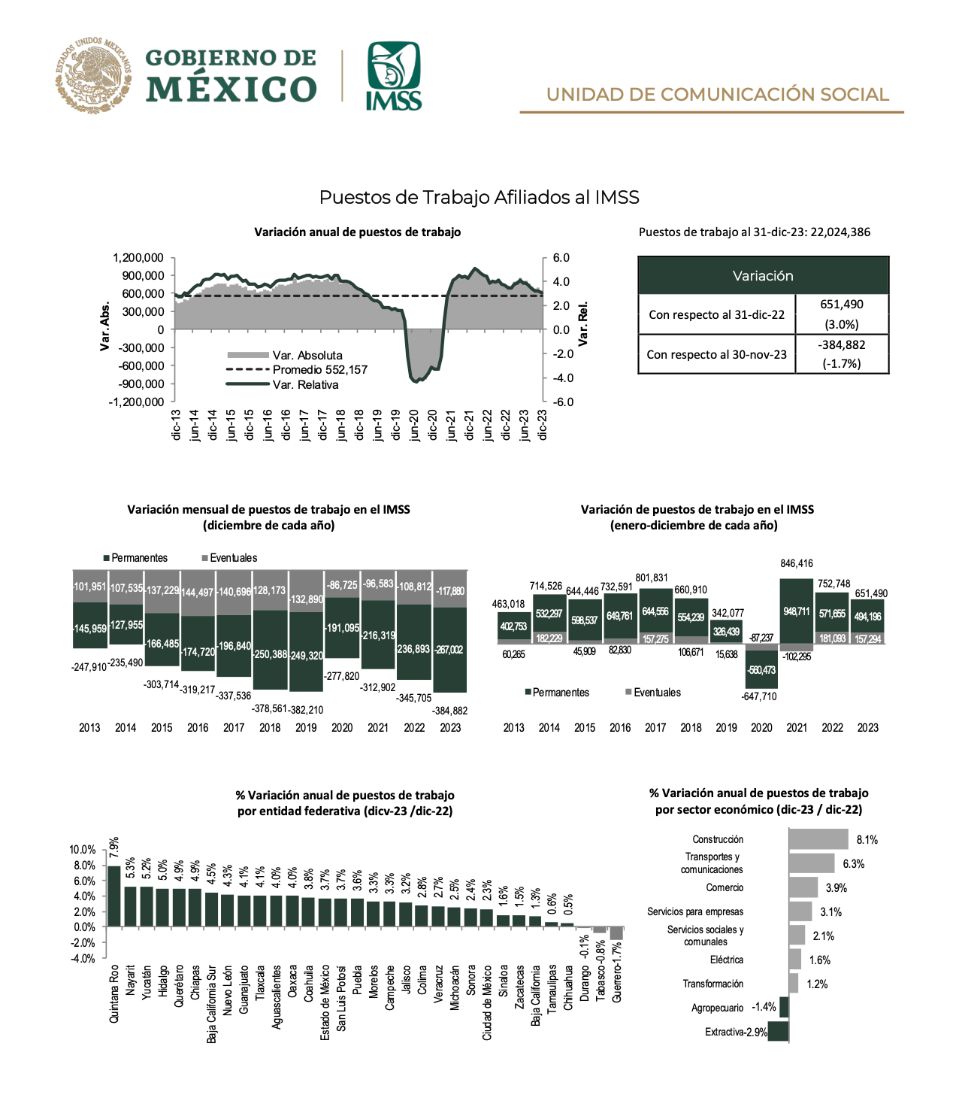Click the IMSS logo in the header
pos(393,76)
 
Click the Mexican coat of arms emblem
pos(92,75)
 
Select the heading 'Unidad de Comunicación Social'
pos(717,95)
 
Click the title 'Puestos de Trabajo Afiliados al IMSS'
pos(479,197)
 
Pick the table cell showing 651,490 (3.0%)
pos(841,314)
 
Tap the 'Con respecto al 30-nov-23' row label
pos(716,354)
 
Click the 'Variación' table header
pos(763,276)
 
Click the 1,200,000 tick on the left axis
pos(138,258)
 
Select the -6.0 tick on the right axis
pos(562,402)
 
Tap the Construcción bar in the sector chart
pos(818,839)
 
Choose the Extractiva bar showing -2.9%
pos(778,1032)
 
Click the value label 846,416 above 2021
pos(797,563)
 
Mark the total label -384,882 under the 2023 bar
pos(450,711)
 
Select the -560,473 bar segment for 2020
pos(761,669)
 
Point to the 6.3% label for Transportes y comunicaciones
pos(853,864)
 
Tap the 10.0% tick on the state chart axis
pos(83,850)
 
